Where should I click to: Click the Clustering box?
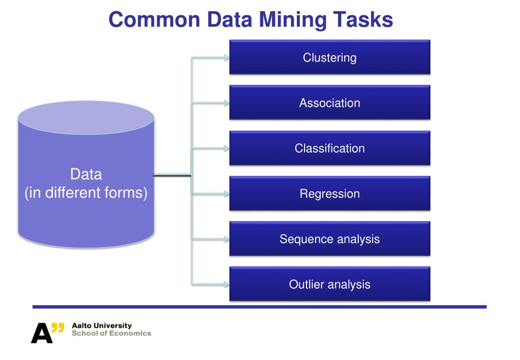[x=329, y=57]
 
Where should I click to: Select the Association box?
[x=329, y=103]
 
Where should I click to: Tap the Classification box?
[x=329, y=148]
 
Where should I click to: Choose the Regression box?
[x=329, y=194]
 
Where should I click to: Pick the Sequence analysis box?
[x=329, y=239]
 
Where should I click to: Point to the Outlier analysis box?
[x=329, y=284]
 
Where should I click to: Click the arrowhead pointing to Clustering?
[x=225, y=57]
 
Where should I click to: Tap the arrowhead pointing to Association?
[x=225, y=103]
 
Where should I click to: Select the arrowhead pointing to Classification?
[x=225, y=148]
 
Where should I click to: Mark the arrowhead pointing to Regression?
[x=225, y=194]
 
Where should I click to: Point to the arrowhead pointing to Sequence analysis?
[x=225, y=239]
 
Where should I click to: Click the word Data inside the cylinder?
[x=86, y=174]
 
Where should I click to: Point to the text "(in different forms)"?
[x=86, y=193]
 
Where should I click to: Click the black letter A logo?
[x=41, y=333]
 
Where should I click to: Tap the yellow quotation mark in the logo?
[x=58, y=327]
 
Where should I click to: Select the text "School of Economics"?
[x=111, y=334]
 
